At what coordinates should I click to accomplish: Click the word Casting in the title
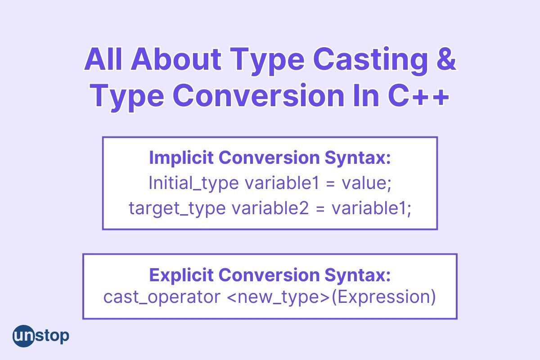[370, 60]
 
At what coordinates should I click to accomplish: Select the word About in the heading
[176, 59]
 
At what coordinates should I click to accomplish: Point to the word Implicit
[181, 158]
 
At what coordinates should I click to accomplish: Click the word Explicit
[181, 275]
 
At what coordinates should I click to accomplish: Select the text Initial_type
[193, 184]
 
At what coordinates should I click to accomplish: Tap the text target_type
[177, 209]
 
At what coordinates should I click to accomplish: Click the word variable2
[270, 208]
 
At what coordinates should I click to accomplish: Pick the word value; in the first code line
[366, 183]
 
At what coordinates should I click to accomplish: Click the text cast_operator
[162, 297]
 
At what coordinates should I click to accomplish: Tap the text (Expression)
[384, 297]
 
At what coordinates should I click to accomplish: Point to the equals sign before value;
[330, 184]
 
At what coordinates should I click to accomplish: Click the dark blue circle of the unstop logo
[23, 336]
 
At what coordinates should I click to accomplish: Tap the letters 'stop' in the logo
[52, 336]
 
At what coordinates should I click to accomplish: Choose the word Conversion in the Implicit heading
[269, 157]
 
